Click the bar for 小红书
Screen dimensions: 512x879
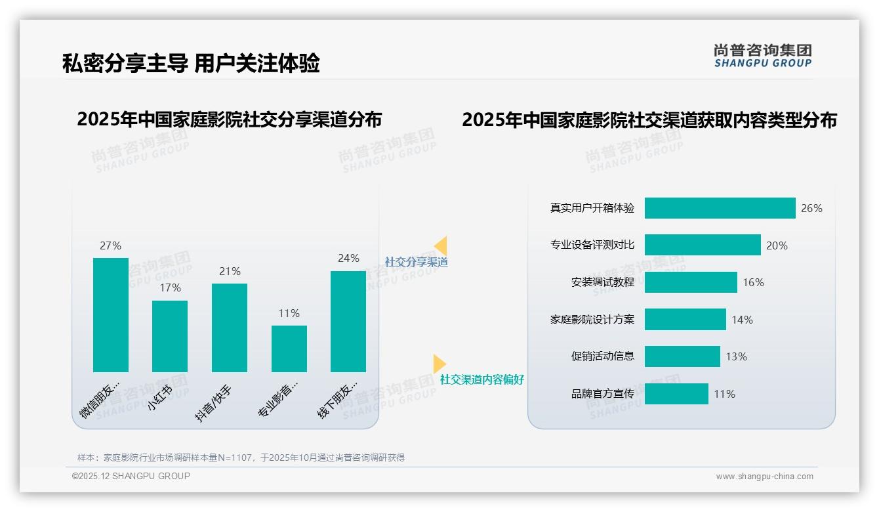coord(170,336)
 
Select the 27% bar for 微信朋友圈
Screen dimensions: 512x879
coord(111,315)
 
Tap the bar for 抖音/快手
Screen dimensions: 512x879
coord(230,328)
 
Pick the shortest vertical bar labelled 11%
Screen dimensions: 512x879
coord(289,349)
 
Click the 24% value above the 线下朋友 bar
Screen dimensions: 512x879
coord(348,259)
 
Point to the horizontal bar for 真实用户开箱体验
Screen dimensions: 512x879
coord(720,208)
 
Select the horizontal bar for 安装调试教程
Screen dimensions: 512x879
coord(691,282)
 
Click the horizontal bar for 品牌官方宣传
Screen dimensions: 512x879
coord(676,394)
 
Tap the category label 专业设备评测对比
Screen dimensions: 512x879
coord(592,245)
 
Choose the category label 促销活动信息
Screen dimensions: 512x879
coord(603,356)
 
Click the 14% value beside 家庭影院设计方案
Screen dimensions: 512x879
coord(742,320)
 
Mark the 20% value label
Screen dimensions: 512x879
coord(777,245)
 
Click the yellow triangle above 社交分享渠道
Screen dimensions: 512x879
coord(441,245)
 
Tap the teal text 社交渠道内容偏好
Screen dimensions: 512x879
coord(482,379)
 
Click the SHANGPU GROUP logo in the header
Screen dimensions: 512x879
coord(763,56)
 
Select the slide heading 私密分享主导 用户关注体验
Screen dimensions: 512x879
coord(191,64)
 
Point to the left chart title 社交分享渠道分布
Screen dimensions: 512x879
coord(229,119)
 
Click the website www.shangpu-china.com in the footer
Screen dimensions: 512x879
coord(764,477)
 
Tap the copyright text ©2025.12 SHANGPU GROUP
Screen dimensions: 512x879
coord(131,476)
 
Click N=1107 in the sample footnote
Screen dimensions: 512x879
coord(235,458)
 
